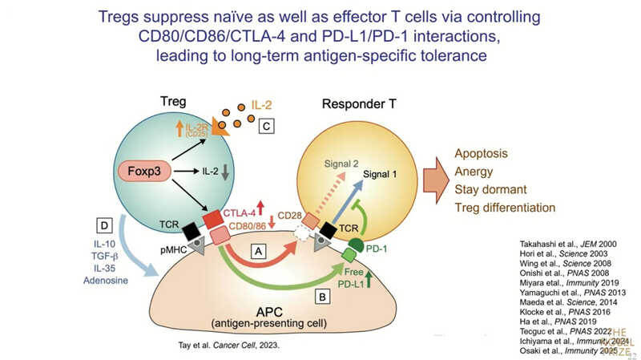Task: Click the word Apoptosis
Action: click(482, 153)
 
